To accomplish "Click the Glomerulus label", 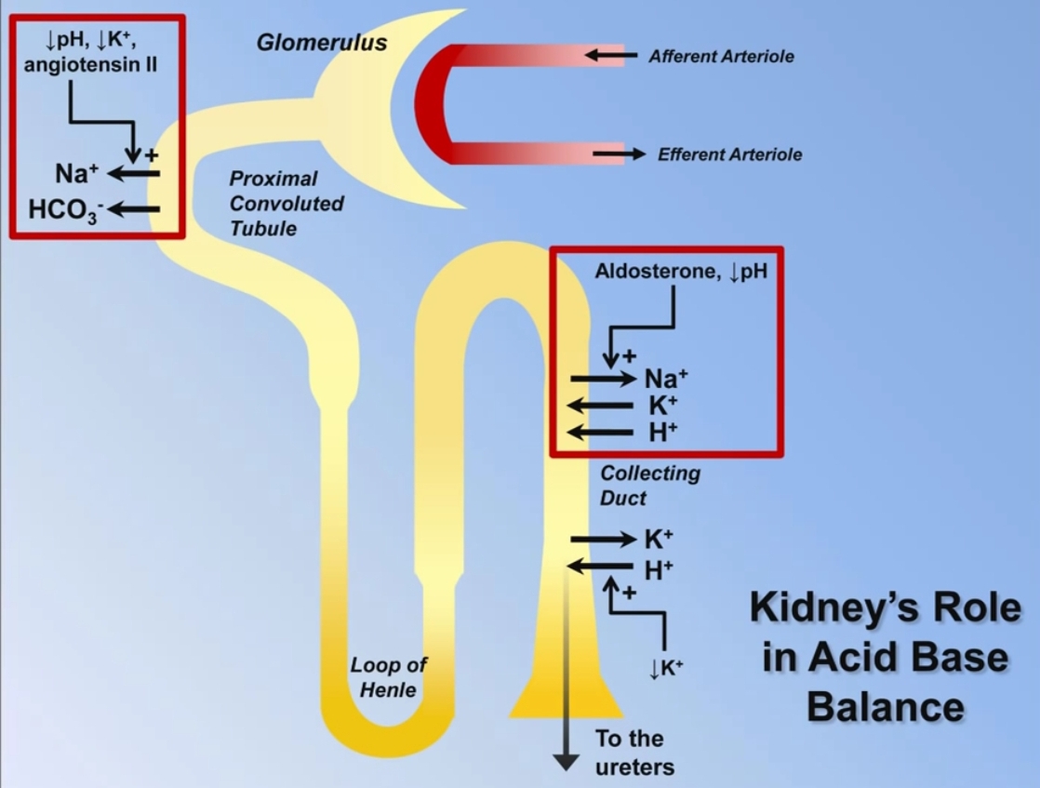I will [x=321, y=43].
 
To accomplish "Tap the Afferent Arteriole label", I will [x=721, y=57].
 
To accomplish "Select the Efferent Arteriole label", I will [x=729, y=154].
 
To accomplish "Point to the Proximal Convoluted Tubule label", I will [x=287, y=203].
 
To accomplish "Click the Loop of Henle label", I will [x=389, y=677].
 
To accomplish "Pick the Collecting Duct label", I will [x=649, y=485].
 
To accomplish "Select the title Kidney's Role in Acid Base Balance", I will [x=885, y=658].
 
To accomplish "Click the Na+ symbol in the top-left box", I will [x=76, y=174].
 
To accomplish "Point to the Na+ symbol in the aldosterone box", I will [x=666, y=379].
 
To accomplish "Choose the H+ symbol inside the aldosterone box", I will [x=662, y=432].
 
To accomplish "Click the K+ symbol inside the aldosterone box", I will [x=662, y=406].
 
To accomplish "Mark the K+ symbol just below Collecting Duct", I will [x=659, y=540].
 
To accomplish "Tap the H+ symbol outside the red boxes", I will [x=659, y=569].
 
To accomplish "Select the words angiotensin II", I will [x=90, y=67].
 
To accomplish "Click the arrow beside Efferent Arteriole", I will [x=619, y=154].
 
